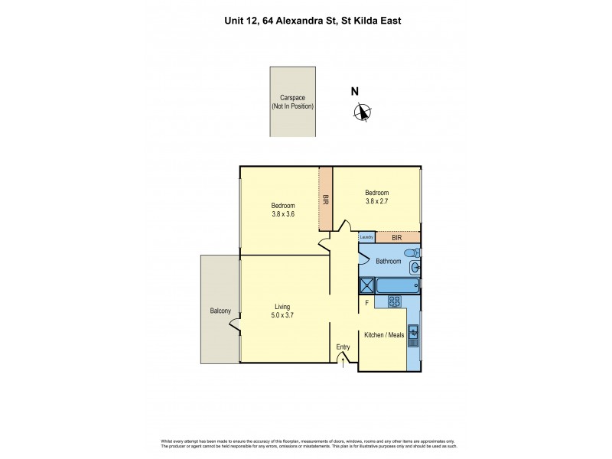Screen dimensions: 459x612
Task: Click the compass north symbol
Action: (x=362, y=112)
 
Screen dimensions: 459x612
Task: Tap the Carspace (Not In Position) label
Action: (x=292, y=103)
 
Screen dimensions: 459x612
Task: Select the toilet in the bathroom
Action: (x=412, y=252)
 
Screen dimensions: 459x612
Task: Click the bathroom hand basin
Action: (x=415, y=268)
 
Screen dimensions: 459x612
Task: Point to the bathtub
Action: (x=398, y=286)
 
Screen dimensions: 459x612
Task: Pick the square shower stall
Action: (x=366, y=286)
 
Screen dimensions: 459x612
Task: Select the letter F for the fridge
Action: (x=367, y=304)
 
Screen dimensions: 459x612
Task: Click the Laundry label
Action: (x=366, y=237)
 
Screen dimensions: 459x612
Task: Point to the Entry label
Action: (x=343, y=347)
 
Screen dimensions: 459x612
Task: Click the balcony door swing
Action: (x=235, y=325)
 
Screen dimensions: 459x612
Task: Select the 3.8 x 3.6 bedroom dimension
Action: (x=282, y=215)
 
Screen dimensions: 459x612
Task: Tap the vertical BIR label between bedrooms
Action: (x=326, y=199)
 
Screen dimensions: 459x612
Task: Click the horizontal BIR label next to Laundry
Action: (x=396, y=238)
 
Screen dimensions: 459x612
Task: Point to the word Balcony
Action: (x=220, y=311)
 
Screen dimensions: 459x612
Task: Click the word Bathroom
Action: (x=388, y=262)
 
